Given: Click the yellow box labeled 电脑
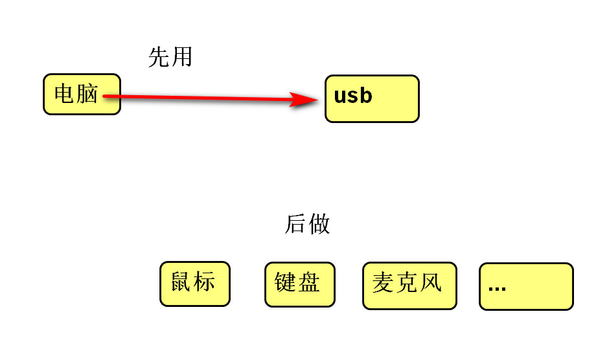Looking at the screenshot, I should tap(82, 94).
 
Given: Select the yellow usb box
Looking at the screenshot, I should tap(372, 98).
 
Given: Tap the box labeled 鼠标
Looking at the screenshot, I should tap(194, 284).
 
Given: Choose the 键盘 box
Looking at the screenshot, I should tap(299, 284).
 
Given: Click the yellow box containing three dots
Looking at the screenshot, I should tap(526, 286).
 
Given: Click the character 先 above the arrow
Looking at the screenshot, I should tap(159, 58).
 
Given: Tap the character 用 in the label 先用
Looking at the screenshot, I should tap(182, 58).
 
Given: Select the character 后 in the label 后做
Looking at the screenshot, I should tap(295, 224).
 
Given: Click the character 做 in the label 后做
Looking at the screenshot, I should tap(319, 224).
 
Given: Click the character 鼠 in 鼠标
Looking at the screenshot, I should tap(182, 282).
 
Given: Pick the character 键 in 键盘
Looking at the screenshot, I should tap(286, 282).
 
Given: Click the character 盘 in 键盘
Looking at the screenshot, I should tap(309, 282).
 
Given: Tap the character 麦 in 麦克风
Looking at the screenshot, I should tap(384, 283).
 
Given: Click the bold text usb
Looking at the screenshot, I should tap(353, 96).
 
